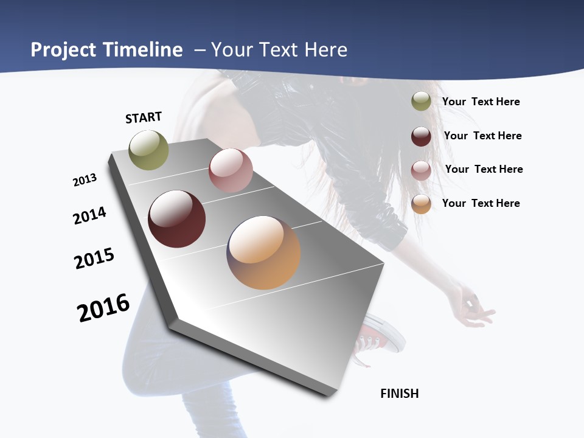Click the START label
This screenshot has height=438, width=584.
144,117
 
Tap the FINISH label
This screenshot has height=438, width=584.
400,394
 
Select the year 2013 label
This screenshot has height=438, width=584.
85,180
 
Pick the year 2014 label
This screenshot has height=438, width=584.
90,215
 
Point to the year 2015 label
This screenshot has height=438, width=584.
94,258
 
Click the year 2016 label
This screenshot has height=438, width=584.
103,308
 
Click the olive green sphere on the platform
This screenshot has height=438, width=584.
148,150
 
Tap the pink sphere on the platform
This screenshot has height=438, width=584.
231,170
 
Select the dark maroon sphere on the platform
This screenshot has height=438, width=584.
176,219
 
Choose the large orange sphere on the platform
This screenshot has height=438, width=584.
263,252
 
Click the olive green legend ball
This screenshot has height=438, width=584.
421,102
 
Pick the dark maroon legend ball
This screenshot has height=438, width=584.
421,136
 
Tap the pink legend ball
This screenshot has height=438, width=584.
421,170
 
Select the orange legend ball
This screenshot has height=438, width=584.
421,204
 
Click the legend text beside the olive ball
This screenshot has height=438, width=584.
481,102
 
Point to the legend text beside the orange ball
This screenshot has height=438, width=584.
481,203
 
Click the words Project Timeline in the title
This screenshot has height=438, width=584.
106,50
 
